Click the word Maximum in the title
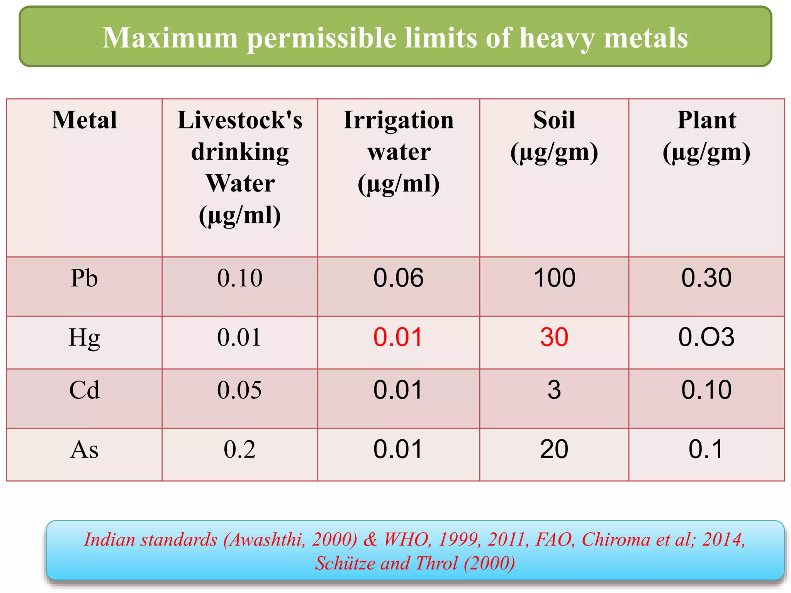point(170,38)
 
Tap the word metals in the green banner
point(646,38)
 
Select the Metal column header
point(85,120)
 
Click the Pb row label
point(84,278)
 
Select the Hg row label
point(84,337)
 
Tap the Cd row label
point(84,390)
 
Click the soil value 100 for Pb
point(554,278)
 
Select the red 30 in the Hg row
point(554,337)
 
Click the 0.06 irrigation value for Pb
point(398,278)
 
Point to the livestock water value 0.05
point(239,390)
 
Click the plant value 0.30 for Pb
point(706,278)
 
